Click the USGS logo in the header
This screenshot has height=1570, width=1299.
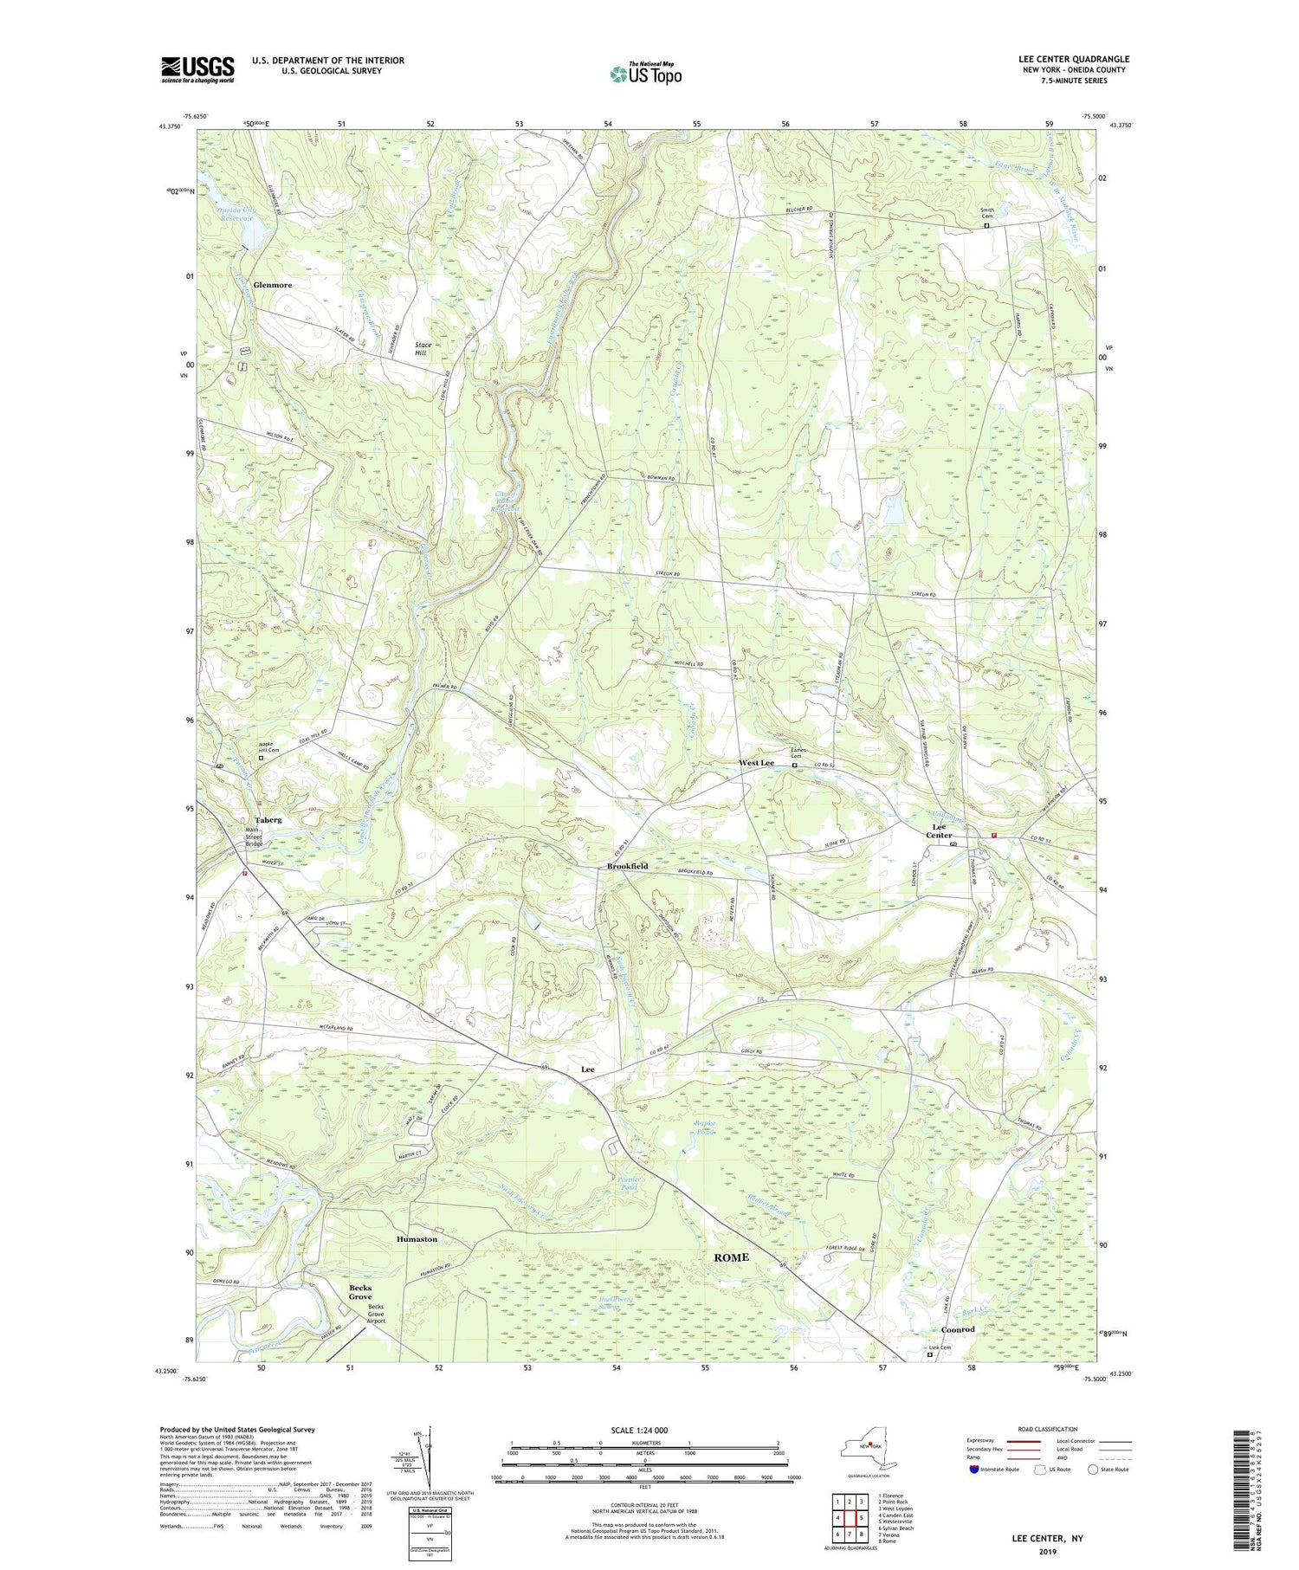pos(197,69)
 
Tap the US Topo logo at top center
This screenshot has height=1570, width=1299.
pos(645,74)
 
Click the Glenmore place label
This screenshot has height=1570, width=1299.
pos(272,285)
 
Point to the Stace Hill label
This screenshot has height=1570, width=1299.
pos(423,349)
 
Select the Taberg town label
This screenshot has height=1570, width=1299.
pos(268,819)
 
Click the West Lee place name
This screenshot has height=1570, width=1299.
pos(756,763)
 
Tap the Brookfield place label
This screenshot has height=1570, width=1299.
pos(627,866)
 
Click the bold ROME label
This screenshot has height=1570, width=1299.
pos(731,1257)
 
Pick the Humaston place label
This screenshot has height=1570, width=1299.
pos(417,1239)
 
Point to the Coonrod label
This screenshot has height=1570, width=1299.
pos(958,1329)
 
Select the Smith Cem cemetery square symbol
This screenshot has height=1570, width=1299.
pos(986,226)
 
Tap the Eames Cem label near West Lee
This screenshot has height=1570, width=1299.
pos(798,753)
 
